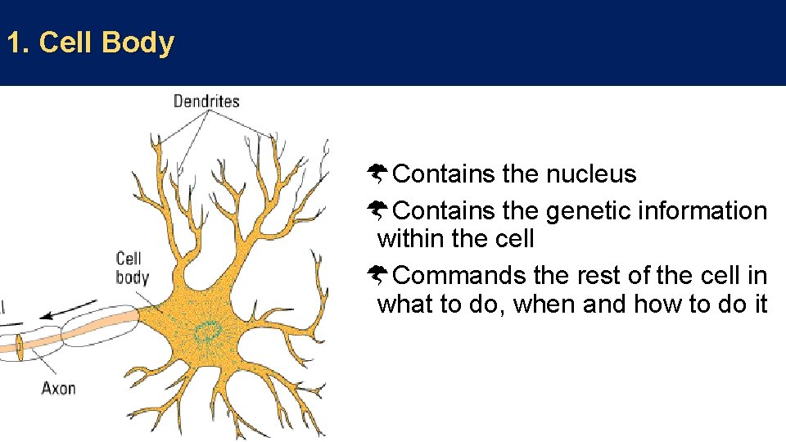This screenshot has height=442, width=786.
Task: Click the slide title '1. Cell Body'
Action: point(90,43)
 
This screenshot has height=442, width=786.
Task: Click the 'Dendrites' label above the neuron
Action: point(206,101)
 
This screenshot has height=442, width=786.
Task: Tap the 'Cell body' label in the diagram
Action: point(132,268)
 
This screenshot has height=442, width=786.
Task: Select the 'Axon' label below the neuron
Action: point(58,387)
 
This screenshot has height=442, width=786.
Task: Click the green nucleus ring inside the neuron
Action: point(208,331)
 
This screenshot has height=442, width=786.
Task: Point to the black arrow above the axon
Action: point(65,314)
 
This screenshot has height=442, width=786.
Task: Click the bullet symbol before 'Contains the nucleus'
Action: point(378,174)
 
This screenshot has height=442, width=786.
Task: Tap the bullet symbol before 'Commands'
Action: point(378,275)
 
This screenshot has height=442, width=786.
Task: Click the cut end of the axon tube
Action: point(18,347)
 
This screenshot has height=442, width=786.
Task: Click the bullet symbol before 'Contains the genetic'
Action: point(378,210)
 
